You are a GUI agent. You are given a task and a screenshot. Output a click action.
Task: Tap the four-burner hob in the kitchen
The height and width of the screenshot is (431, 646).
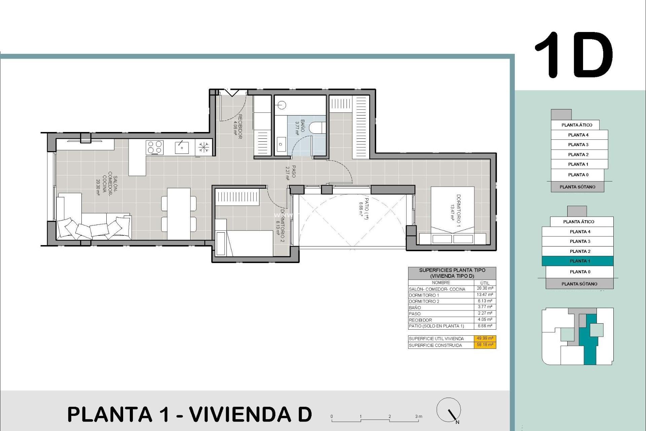(x=155, y=147)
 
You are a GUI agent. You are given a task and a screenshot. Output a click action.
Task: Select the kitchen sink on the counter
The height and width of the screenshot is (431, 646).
(x=182, y=147)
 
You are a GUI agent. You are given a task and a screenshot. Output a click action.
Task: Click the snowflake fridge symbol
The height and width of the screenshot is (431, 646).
(x=204, y=147)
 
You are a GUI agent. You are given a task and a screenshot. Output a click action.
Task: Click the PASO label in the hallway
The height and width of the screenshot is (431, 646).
(x=291, y=172)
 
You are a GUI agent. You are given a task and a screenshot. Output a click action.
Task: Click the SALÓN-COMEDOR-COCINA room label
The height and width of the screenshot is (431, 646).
(x=107, y=186)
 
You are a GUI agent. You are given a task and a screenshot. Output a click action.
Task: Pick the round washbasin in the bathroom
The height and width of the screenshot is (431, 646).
(x=282, y=105)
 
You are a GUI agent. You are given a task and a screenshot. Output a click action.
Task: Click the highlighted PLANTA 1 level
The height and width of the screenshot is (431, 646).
(x=578, y=261)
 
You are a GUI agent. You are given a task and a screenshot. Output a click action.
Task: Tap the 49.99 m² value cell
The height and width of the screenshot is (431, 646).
(x=485, y=338)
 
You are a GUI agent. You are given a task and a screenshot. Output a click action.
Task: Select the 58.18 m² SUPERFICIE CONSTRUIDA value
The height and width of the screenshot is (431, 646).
(x=485, y=345)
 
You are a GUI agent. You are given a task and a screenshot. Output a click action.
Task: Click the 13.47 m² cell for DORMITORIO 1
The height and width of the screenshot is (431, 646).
(x=485, y=295)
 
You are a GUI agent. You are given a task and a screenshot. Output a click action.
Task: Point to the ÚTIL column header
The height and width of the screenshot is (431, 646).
(x=485, y=283)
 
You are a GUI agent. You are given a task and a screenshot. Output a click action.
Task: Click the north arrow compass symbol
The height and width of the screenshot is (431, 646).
(x=449, y=410)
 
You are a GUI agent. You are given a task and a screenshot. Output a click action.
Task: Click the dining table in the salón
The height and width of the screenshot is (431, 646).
(x=179, y=214)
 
